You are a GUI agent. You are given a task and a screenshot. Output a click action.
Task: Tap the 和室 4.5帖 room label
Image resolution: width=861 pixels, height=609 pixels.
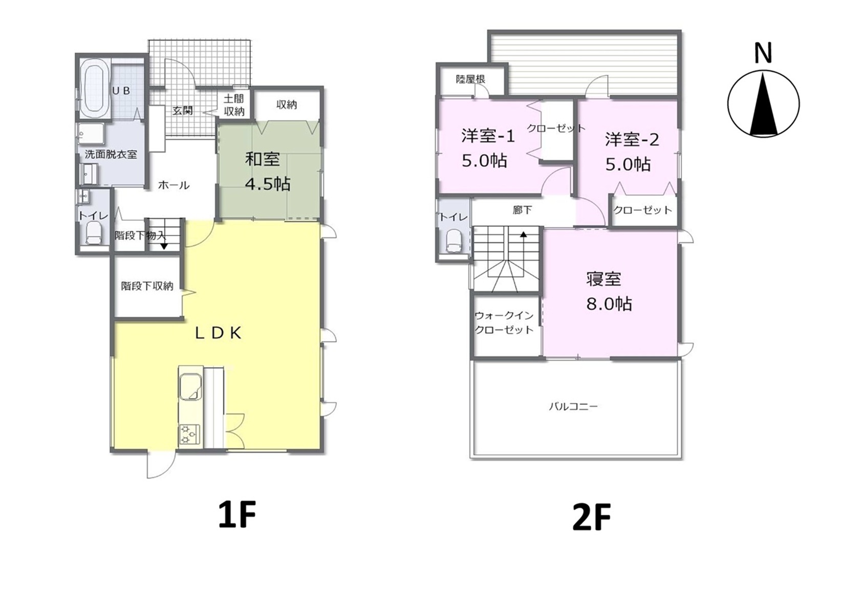coord(268,171)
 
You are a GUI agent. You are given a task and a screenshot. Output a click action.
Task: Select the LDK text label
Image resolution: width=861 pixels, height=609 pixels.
coord(219,333)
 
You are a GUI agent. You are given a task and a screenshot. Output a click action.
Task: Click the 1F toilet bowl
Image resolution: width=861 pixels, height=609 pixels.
coord(94,234)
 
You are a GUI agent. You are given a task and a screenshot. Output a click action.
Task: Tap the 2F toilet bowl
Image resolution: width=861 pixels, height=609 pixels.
coord(455,241)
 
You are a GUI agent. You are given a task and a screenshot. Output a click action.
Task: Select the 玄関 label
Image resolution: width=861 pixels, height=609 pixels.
coord(183,111)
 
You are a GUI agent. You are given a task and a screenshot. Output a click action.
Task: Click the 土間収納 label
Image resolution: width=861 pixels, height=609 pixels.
coord(234,105)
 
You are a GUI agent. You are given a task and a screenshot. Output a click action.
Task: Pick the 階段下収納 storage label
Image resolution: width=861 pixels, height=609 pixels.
coord(147,286)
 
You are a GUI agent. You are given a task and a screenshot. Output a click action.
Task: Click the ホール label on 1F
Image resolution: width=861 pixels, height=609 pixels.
coord(174,186)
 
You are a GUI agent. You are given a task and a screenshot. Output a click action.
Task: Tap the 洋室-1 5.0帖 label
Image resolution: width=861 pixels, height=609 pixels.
coord(487,149)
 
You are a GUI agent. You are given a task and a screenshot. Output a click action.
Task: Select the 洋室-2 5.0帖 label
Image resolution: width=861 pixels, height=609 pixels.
coord(632,152)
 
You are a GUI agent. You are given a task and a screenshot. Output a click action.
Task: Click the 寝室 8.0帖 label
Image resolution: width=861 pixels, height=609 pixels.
coord(609,292)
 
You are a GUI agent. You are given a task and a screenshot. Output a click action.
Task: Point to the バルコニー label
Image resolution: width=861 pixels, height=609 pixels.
coord(573,406)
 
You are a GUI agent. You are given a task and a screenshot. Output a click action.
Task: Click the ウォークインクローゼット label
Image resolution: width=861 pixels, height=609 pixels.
coord(504,323)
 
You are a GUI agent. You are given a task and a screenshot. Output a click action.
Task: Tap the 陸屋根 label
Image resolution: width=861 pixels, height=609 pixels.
coord(471,79)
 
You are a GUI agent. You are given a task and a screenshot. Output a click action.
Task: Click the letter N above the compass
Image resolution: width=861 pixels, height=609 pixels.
coord(763,53)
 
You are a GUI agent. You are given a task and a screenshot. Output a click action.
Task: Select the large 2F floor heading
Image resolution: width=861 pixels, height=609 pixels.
coord(592,517)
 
